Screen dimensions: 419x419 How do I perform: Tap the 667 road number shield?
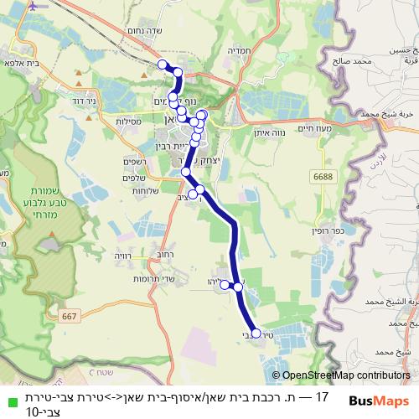[x=70, y=315]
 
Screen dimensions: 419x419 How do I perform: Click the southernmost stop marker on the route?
[x=256, y=333]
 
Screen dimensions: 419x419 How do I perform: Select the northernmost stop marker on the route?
[x=163, y=64]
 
